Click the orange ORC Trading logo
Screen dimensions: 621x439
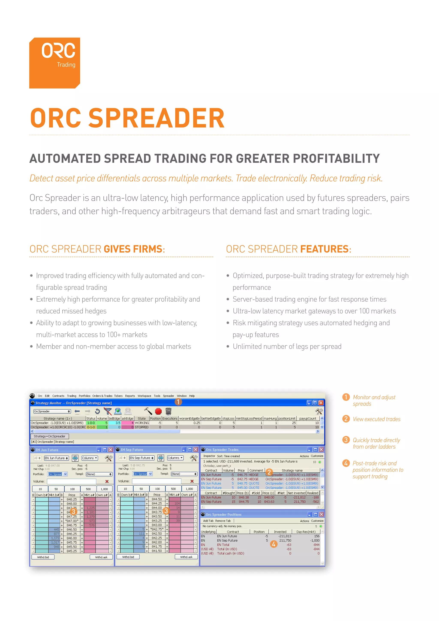click(55, 63)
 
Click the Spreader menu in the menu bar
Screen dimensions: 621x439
click(168, 396)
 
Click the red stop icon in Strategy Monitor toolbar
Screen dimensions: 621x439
click(158, 411)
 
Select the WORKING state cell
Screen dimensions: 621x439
click(142, 423)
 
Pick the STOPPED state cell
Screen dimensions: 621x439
click(141, 427)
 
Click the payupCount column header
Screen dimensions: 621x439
click(307, 418)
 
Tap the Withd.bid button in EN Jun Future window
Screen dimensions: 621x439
click(43, 557)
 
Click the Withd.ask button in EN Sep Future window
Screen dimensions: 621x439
click(186, 557)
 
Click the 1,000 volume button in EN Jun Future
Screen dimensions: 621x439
click(104, 489)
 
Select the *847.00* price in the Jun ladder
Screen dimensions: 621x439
click(72, 521)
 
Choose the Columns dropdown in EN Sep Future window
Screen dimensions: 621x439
click(175, 458)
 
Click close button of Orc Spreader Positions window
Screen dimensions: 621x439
click(321, 514)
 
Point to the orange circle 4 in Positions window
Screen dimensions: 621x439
click(273, 544)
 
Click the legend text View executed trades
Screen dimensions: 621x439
click(376, 419)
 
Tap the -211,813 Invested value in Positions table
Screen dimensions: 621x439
click(285, 536)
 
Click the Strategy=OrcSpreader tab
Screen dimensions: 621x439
click(50, 436)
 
